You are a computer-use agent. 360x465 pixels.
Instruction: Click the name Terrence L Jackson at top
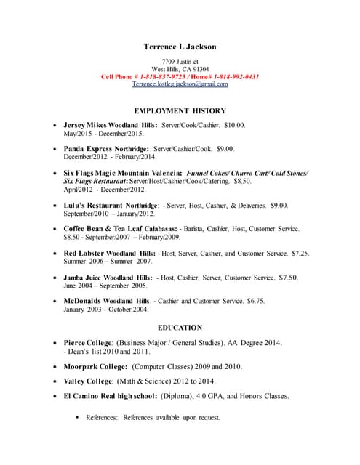click(x=180, y=46)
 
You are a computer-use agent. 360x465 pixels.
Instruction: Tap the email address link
click(x=180, y=84)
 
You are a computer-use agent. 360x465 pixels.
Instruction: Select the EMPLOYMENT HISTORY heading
click(x=180, y=111)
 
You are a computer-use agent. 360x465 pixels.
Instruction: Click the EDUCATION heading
click(x=180, y=328)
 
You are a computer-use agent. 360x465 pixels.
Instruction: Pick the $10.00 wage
click(x=234, y=126)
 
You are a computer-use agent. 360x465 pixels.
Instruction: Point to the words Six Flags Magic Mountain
click(x=108, y=173)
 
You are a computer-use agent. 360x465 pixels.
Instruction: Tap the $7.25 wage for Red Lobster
click(x=300, y=254)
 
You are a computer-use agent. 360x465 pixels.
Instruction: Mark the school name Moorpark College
click(x=95, y=366)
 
